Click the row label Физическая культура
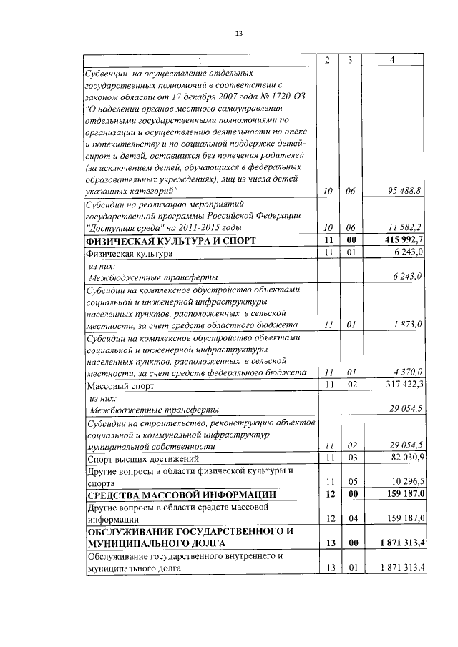(130, 253)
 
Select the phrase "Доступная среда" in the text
(127, 227)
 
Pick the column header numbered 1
(200, 60)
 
